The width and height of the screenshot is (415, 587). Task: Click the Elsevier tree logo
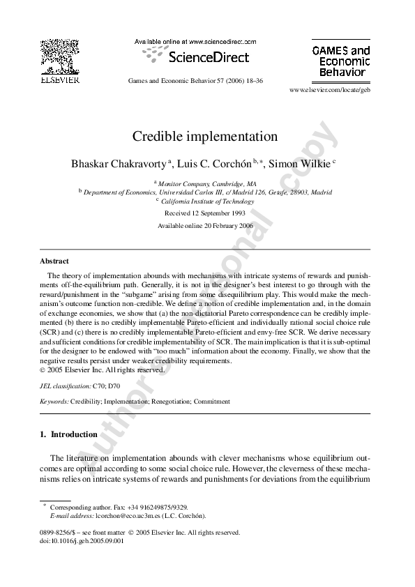59,56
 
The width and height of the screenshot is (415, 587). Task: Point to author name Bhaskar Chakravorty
119,164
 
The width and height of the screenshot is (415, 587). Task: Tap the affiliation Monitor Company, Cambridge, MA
207,182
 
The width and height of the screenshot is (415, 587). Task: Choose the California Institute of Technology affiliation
207,201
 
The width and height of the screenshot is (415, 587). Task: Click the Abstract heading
54,261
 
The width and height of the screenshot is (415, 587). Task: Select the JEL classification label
66,385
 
